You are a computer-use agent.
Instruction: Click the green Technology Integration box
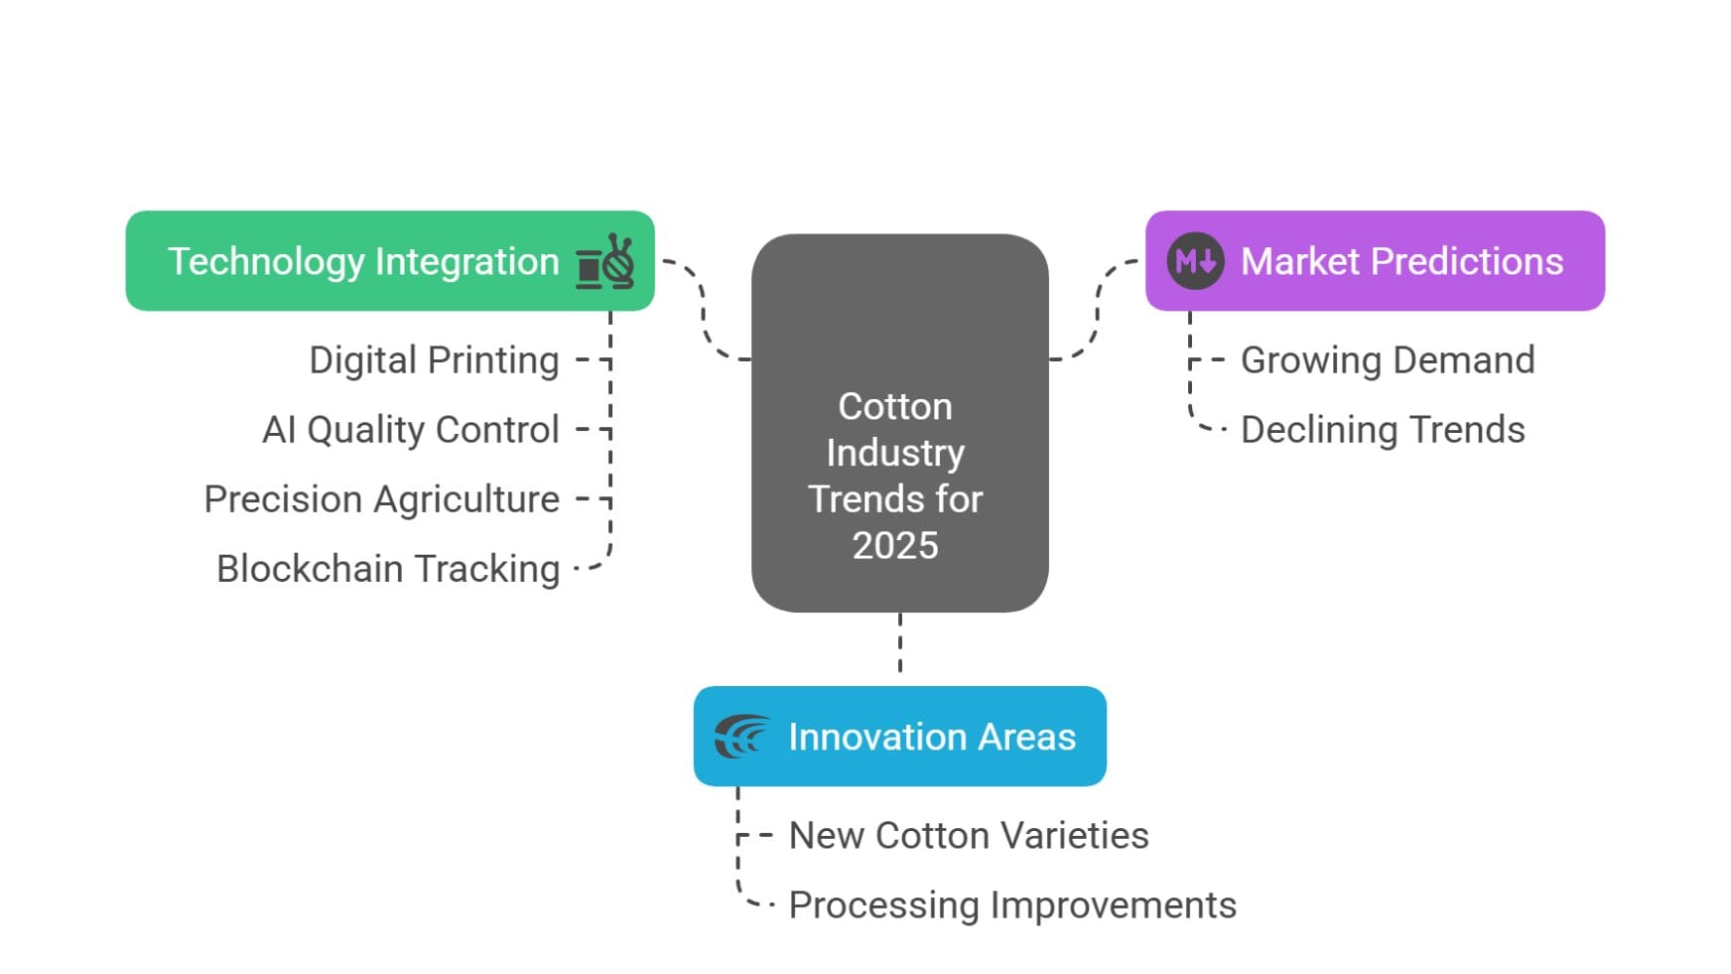coord(390,261)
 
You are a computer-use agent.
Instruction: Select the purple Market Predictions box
coord(1375,261)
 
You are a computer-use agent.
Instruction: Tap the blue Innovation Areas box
coord(900,736)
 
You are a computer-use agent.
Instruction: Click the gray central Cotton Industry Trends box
coord(900,423)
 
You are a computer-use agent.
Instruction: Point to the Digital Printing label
coord(434,360)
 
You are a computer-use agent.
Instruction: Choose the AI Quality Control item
coord(411,430)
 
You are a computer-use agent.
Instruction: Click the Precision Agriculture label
coord(382,499)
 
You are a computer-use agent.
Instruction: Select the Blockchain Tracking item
coord(388,569)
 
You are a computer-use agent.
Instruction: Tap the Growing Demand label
coord(1388,360)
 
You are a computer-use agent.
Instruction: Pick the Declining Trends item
coord(1383,430)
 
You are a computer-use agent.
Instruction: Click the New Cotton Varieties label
coord(969,836)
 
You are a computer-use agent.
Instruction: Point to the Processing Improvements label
coord(1012,905)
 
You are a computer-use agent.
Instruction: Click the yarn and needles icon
coord(604,262)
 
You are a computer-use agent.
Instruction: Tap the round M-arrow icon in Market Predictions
coord(1195,261)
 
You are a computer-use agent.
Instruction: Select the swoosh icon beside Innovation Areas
coord(741,737)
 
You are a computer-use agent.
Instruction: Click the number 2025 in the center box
coord(895,545)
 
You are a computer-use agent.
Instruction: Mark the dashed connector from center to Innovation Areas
coord(900,643)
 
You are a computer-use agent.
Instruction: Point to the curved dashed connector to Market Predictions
coord(1097,309)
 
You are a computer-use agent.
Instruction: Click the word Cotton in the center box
coord(895,406)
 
